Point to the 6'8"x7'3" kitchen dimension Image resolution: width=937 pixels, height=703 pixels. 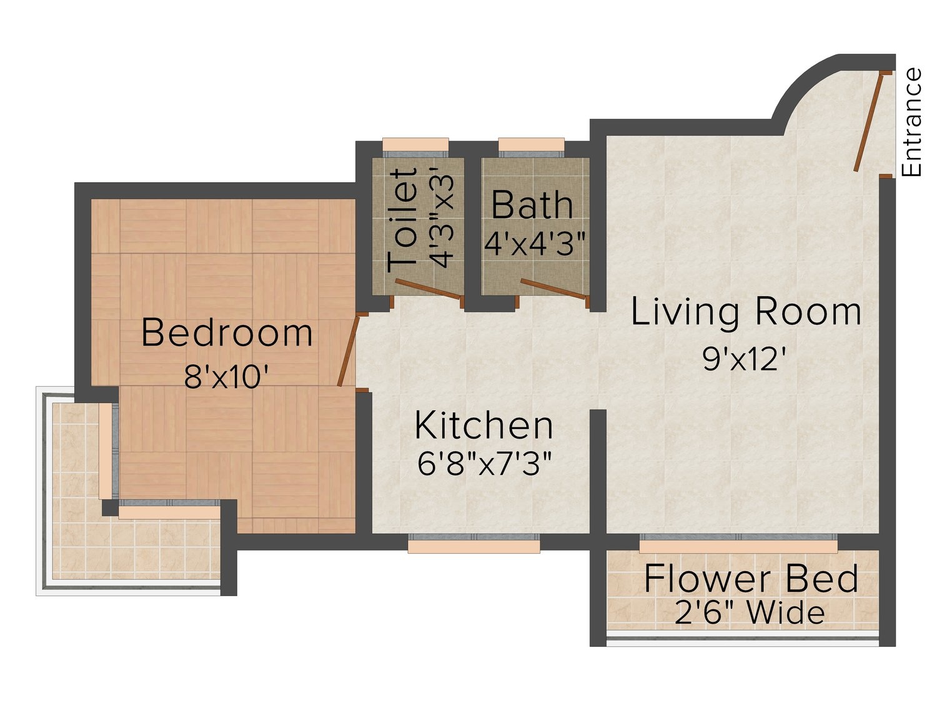[484, 464]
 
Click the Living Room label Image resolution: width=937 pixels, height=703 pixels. [745, 312]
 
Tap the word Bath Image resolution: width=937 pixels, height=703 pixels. [532, 205]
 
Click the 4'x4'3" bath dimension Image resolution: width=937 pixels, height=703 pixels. [534, 244]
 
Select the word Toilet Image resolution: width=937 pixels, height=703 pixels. [402, 220]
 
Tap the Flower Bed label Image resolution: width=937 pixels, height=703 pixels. [751, 579]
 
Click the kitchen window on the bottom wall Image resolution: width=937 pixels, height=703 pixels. [474, 542]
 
